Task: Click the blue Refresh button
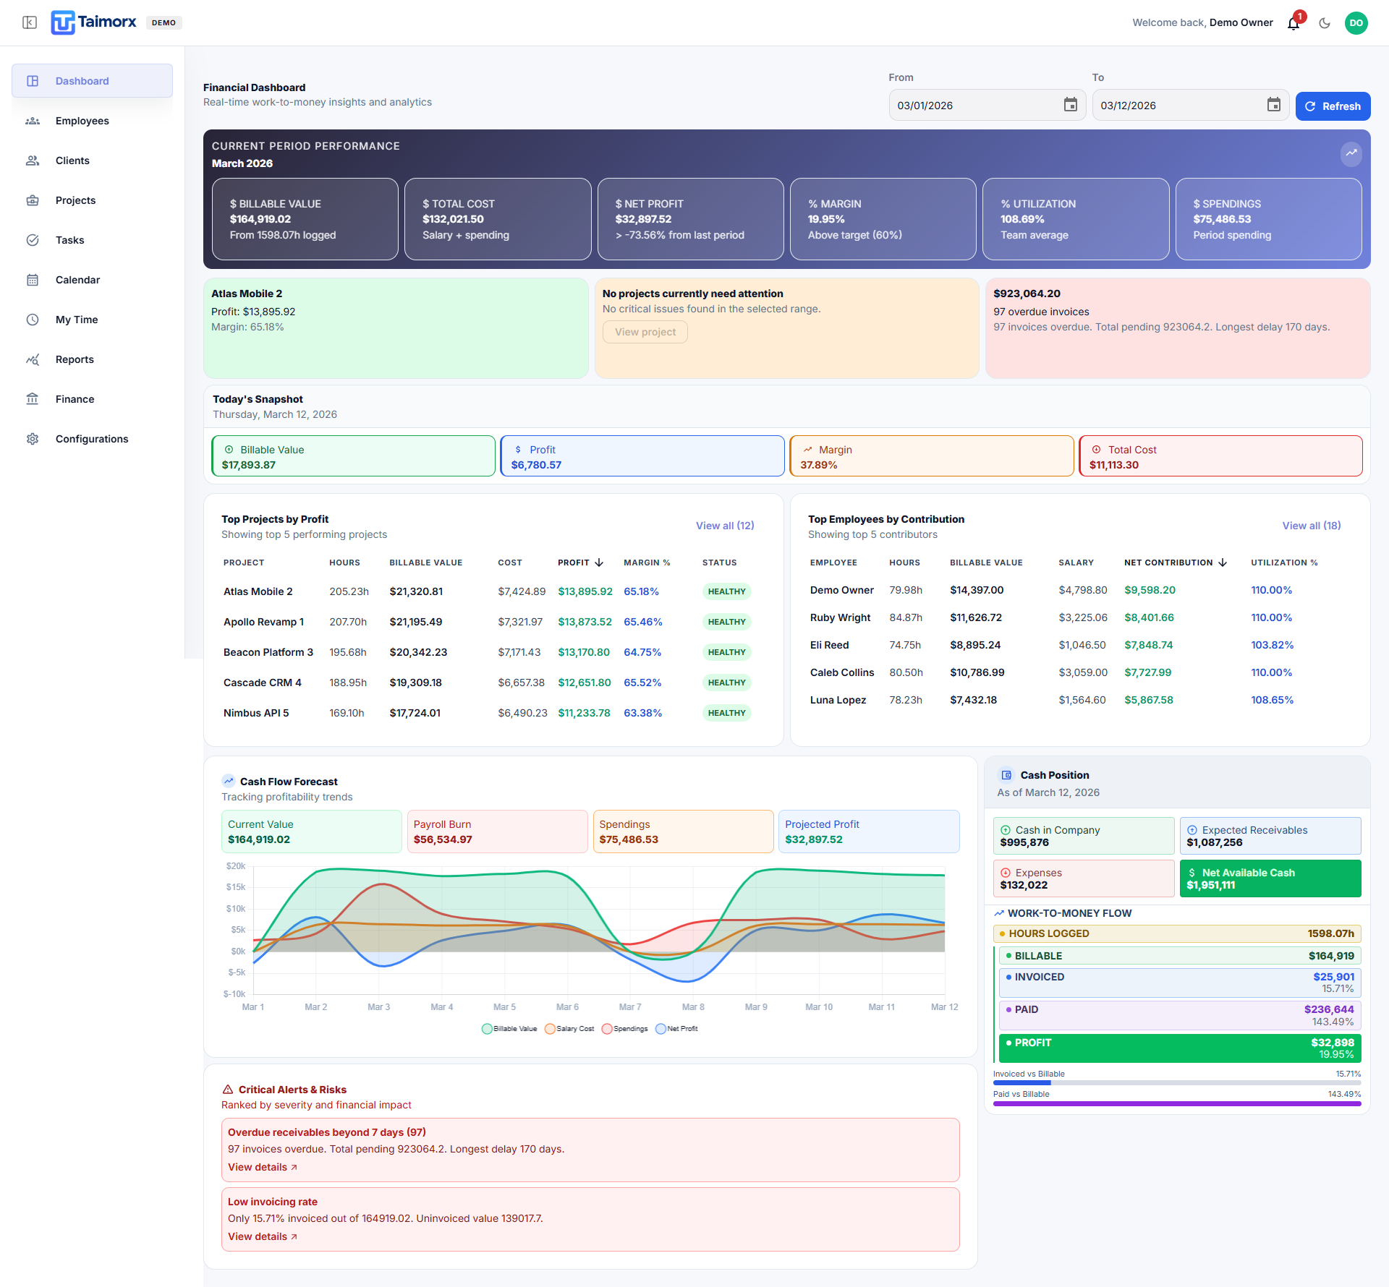tap(1333, 106)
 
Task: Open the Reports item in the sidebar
tap(75, 359)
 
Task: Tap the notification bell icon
tap(1294, 23)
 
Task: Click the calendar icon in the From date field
tap(1071, 105)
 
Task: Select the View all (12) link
tap(725, 526)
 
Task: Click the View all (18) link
tap(1312, 526)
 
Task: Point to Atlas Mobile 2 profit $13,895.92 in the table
tap(585, 591)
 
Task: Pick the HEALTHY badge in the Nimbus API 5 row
tap(726, 713)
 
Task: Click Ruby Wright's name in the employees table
tap(840, 617)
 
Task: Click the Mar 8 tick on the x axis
tap(693, 1007)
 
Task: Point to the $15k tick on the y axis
tap(236, 887)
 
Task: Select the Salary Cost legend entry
tap(570, 1029)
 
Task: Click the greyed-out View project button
tap(645, 332)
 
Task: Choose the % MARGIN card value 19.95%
tap(826, 219)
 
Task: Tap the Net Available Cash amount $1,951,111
tap(1211, 885)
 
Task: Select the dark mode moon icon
tap(1325, 23)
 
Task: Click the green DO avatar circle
tap(1356, 23)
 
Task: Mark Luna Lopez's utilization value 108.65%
tap(1273, 700)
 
